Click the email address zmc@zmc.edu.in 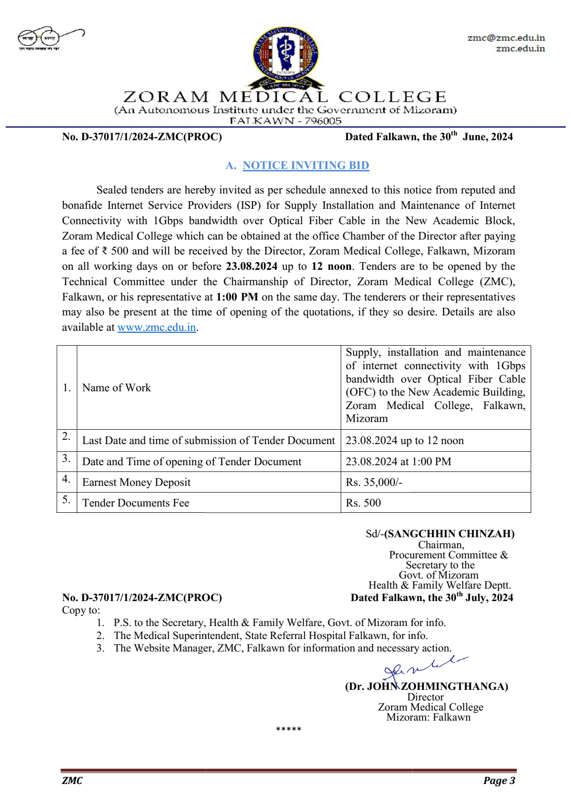506,38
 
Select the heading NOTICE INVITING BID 306,165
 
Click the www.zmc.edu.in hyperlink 157,327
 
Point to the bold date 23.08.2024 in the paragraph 251,266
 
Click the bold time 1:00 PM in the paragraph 237,297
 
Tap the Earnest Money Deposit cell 136,482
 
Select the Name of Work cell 117,387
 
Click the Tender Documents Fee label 136,503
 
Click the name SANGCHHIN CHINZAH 449,534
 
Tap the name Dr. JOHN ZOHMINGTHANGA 427,687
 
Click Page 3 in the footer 499,781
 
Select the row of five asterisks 288,730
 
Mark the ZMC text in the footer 72,781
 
